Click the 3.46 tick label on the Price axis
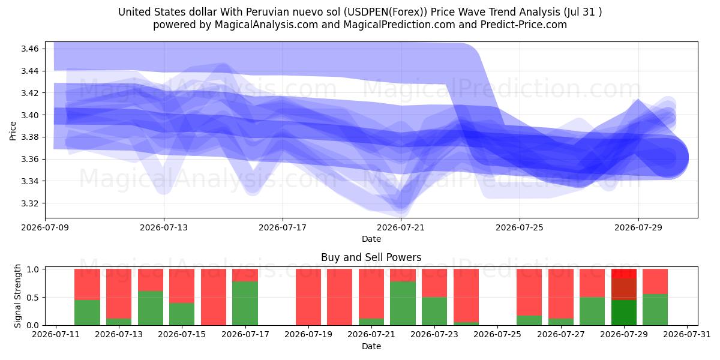29,49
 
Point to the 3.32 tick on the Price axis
29,203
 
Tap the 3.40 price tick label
29,115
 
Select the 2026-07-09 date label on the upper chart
45,227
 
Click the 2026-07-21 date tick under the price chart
401,227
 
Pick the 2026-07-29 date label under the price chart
638,227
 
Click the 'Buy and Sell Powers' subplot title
371,257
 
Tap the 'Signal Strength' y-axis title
17,296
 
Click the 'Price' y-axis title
13,131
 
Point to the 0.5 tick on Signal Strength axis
33,298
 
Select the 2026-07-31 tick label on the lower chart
687,335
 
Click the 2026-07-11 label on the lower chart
56,335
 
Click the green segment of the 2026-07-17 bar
245,304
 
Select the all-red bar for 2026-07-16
214,297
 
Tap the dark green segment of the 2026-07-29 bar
624,313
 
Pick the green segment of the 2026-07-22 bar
403,304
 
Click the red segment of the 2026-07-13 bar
119,294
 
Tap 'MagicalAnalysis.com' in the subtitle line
266,25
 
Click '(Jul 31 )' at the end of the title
583,12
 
